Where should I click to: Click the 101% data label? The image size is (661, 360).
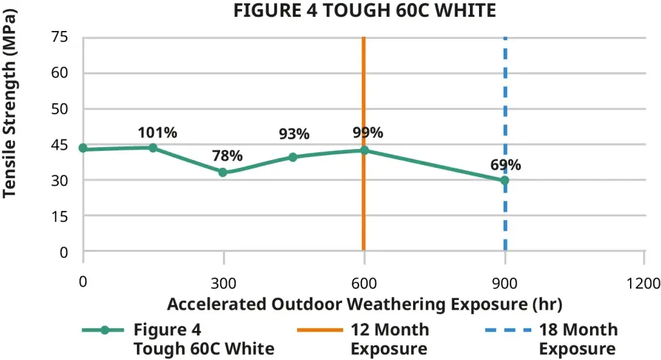158,133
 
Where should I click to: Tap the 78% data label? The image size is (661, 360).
227,155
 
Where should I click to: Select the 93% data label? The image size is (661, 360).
294,134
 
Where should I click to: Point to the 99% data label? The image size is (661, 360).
368,133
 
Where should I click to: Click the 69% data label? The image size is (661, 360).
505,165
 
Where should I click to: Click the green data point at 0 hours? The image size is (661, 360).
83,148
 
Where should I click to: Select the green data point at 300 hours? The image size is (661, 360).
223,172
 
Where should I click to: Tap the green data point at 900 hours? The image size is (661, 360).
505,181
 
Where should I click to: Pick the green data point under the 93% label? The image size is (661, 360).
293,157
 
